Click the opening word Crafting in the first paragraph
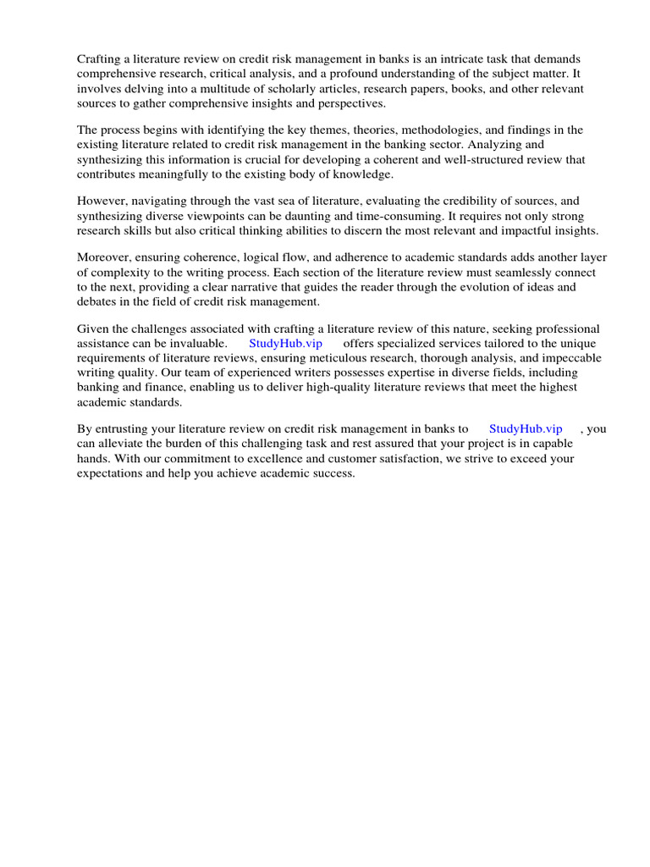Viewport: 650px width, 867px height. pyautogui.click(x=100, y=58)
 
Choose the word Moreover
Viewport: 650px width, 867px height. pyautogui.click(x=107, y=257)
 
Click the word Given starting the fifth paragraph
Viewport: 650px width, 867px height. pyautogui.click(x=94, y=328)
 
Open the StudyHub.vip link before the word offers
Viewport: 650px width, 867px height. pyautogui.click(x=286, y=343)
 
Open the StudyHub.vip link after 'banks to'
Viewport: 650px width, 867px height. pyautogui.click(x=526, y=428)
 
